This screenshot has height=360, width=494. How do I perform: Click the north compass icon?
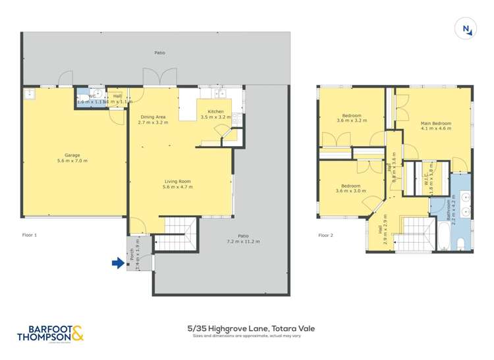(x=466, y=28)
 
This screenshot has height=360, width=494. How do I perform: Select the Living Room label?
(x=176, y=181)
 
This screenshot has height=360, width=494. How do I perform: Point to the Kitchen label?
(x=216, y=112)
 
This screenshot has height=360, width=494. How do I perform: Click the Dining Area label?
(x=151, y=117)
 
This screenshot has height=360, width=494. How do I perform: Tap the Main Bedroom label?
(x=436, y=124)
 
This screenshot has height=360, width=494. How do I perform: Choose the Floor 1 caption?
(x=30, y=235)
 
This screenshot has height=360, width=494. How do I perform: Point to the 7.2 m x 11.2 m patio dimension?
(x=243, y=242)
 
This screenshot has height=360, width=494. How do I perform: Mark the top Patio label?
(x=160, y=53)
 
